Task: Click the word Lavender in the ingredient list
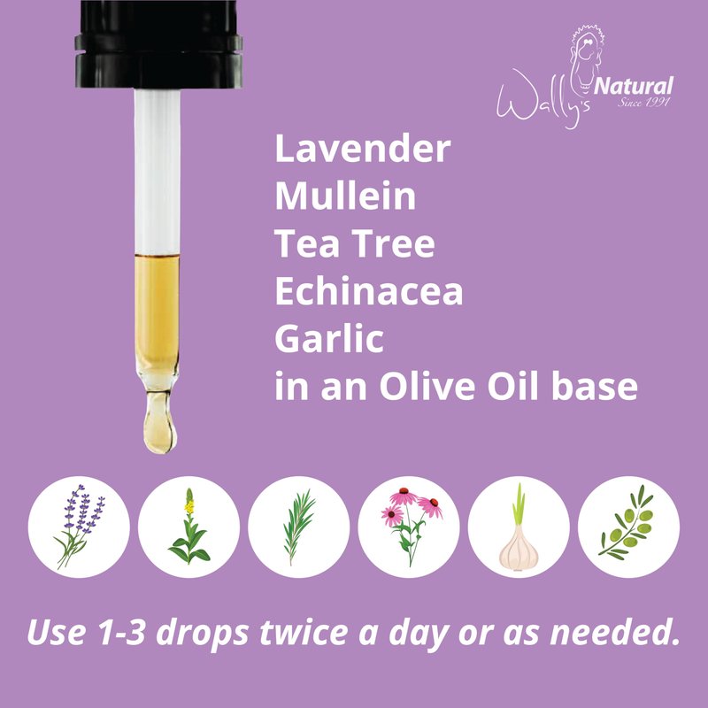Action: (x=363, y=149)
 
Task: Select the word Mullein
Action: (x=345, y=196)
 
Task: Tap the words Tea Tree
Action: (x=355, y=243)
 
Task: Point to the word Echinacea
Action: (x=369, y=291)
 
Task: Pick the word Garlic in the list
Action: (x=329, y=338)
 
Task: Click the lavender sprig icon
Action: (x=79, y=527)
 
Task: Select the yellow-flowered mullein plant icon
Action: (x=189, y=527)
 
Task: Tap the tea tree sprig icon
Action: (x=298, y=527)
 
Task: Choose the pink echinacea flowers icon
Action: (x=410, y=527)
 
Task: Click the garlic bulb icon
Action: (x=519, y=527)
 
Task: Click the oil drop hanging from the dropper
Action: (x=159, y=422)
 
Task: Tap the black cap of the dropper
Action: (x=158, y=43)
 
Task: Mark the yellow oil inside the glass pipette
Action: (x=158, y=316)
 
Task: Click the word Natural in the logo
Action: (x=634, y=86)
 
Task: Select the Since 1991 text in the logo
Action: (x=643, y=102)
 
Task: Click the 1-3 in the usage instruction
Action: (x=122, y=632)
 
